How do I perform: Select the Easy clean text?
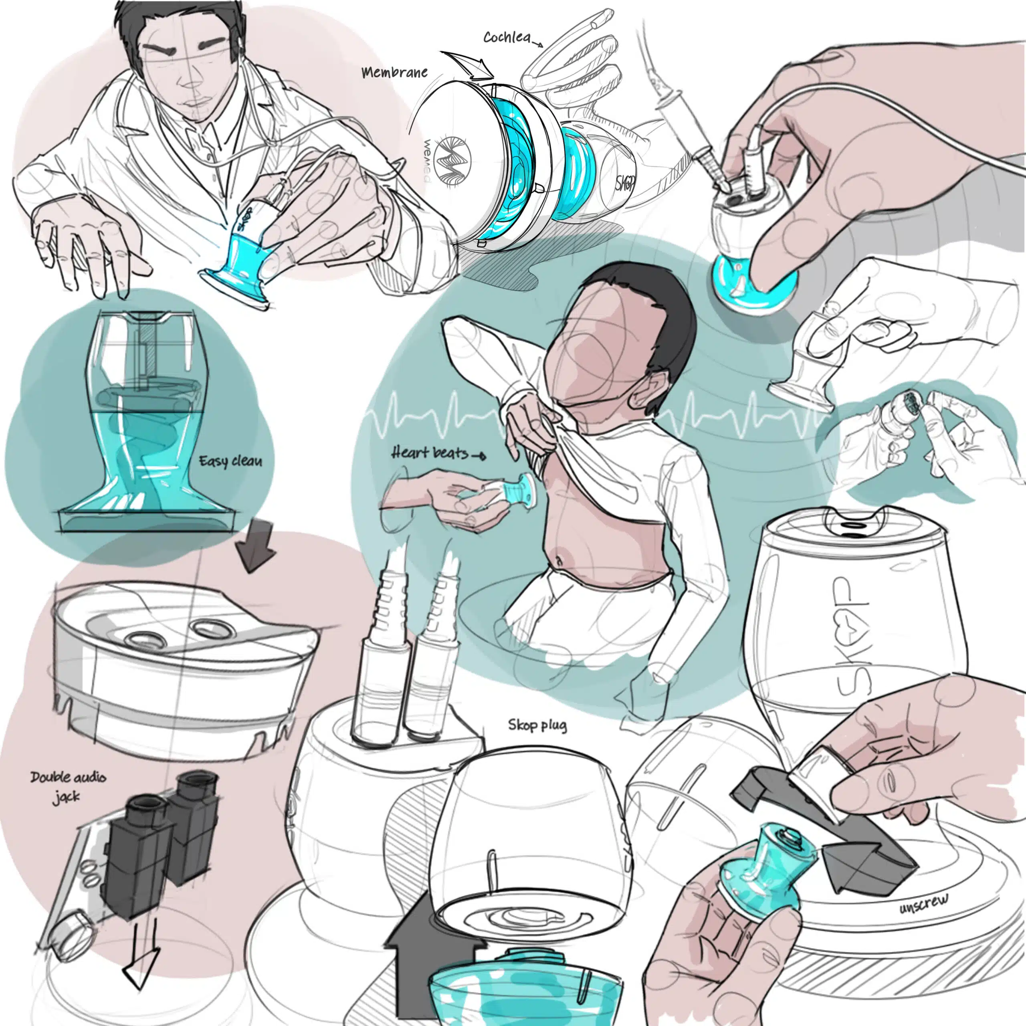pos(230,460)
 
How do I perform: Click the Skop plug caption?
pos(537,725)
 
